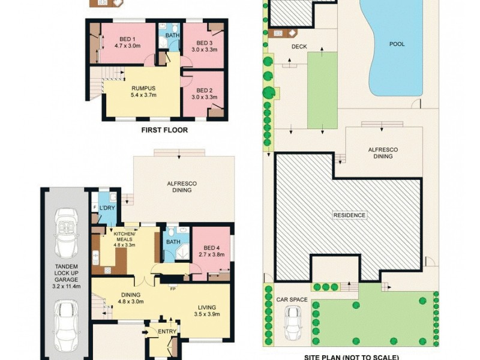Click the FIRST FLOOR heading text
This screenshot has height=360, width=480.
pos(164,130)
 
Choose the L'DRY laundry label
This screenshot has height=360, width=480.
pos(107,208)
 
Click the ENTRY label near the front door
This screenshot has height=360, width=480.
pos(166,330)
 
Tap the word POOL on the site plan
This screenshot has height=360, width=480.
pos(397,44)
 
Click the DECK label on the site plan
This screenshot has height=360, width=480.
pos(299,46)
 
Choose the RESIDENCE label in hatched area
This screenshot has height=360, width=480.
pos(350,215)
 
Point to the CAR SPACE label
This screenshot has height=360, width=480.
pos(292,299)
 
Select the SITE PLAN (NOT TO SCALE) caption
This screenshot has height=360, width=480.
pos(352,356)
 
